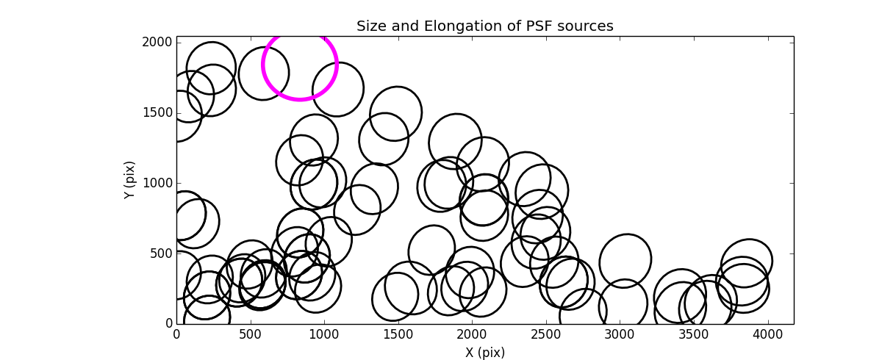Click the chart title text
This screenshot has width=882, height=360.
pos(484,26)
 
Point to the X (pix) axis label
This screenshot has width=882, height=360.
pos(484,353)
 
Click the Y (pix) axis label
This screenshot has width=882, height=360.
pos(129,180)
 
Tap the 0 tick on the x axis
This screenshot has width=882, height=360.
pos(176,335)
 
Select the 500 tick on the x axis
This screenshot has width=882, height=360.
pos(251,335)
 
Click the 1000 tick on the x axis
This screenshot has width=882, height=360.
pos(324,335)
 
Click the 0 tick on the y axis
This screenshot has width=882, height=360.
pos(168,323)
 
